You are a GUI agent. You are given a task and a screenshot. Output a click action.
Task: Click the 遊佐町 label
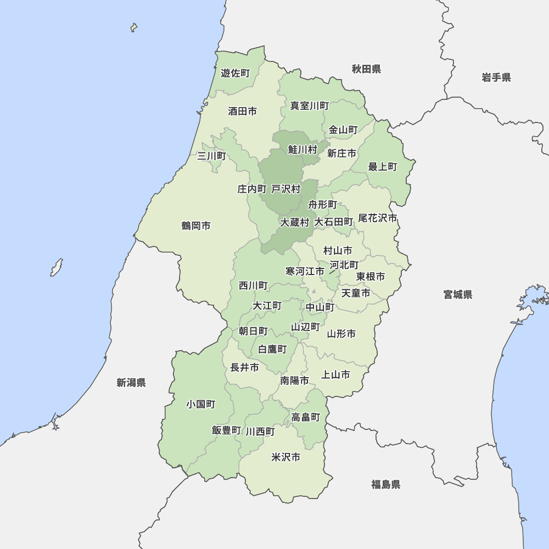point(236,73)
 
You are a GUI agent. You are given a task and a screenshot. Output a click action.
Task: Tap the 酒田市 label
point(242,111)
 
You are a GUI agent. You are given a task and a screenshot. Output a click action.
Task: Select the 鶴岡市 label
point(196,226)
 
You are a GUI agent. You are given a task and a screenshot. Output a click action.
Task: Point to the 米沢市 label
point(286,457)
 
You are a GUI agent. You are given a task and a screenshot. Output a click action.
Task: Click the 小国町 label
point(200,404)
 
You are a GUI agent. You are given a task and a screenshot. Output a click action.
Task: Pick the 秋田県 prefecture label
point(366,69)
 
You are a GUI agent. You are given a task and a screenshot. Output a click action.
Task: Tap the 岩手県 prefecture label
point(496,77)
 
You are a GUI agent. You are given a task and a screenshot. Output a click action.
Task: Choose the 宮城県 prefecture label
point(458,295)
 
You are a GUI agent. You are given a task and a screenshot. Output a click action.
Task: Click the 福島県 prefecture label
point(385,484)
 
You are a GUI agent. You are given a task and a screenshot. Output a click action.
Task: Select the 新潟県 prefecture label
point(131,383)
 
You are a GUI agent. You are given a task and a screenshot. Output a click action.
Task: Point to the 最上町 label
point(383,166)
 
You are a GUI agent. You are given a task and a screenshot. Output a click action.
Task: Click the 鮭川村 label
point(303,149)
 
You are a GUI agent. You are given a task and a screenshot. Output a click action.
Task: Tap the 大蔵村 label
point(295,222)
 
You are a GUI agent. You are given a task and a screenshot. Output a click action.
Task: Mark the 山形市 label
point(341,334)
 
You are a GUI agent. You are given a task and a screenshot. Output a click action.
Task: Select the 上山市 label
point(335,375)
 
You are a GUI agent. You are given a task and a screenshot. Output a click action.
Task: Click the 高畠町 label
point(306,417)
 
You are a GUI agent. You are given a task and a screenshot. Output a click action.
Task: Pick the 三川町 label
point(211,156)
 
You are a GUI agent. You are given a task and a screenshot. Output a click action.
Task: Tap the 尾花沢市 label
point(377,218)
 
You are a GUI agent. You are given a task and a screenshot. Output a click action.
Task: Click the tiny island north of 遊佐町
point(133,27)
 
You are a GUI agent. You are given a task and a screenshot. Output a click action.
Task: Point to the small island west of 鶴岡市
point(57,267)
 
